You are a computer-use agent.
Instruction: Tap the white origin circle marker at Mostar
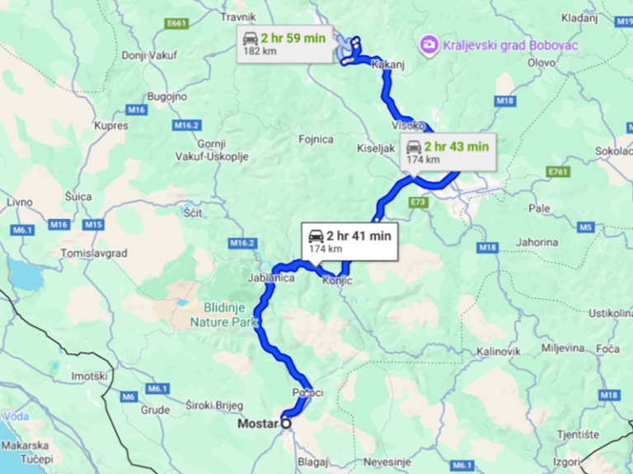286,423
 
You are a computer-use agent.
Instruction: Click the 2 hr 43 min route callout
448,152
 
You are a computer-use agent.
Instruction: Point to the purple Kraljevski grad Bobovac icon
429,43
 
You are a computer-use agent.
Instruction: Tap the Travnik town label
239,16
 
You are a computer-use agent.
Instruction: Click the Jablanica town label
271,279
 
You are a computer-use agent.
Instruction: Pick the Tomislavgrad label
94,253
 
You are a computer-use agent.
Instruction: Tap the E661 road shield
176,24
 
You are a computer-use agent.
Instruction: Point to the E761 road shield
559,171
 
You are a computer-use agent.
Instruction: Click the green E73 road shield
418,201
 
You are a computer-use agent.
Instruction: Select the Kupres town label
112,126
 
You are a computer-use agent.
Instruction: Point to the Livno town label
19,202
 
